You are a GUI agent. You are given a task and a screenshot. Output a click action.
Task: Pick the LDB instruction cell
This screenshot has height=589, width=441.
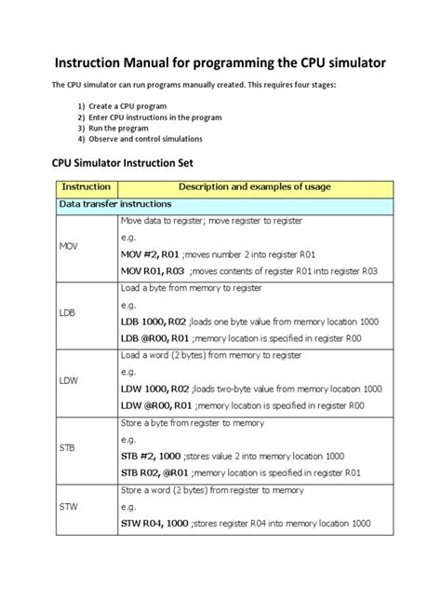click(68, 313)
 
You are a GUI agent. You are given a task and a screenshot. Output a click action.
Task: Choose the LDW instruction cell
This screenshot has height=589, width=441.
click(69, 380)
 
